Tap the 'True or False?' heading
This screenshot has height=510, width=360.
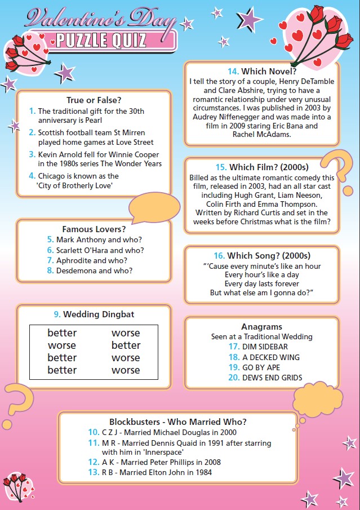click(94, 100)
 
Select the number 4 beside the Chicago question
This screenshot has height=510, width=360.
click(32, 176)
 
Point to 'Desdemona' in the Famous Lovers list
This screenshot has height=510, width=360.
click(74, 270)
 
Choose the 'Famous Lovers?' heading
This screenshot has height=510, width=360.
click(94, 229)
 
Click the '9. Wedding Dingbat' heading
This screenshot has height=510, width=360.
click(94, 314)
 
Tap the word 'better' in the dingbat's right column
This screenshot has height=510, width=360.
click(126, 345)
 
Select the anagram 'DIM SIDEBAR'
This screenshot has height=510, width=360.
click(265, 347)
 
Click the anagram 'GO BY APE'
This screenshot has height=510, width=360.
click(261, 367)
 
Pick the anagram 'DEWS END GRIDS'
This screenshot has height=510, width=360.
click(272, 377)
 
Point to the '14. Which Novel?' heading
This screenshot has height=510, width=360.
click(262, 72)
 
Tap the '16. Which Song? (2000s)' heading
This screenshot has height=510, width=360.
click(262, 255)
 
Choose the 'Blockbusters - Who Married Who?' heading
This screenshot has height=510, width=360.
click(177, 422)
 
